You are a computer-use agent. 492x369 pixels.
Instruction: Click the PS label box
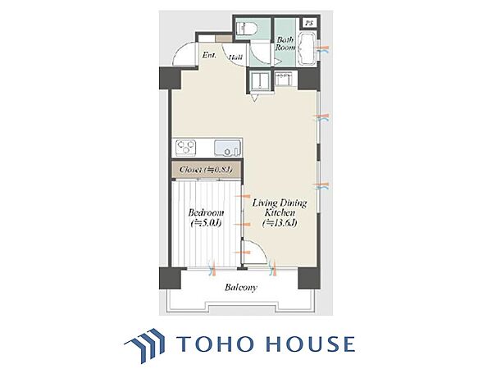[x=310, y=23]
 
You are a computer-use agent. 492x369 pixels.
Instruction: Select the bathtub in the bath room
[x=307, y=49]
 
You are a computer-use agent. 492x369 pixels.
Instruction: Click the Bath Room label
[x=285, y=44]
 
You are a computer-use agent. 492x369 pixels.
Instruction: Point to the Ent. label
[x=209, y=56]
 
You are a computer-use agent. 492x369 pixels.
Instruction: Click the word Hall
[x=235, y=57]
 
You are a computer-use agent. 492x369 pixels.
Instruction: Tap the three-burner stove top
[x=186, y=148]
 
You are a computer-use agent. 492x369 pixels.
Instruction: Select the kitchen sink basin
[x=227, y=148]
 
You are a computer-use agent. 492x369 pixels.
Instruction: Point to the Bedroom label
[x=206, y=212]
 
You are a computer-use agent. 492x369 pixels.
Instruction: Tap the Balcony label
[x=240, y=288]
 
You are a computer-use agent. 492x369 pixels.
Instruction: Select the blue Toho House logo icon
[x=145, y=345]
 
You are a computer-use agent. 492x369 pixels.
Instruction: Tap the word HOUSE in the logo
[x=311, y=344]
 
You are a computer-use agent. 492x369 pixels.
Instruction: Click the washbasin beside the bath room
[x=285, y=79]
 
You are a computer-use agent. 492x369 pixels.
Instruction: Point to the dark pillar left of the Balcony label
[x=170, y=278]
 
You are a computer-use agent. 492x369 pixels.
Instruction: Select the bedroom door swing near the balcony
[x=255, y=251]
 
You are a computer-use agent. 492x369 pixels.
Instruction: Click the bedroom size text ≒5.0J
[x=206, y=223]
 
